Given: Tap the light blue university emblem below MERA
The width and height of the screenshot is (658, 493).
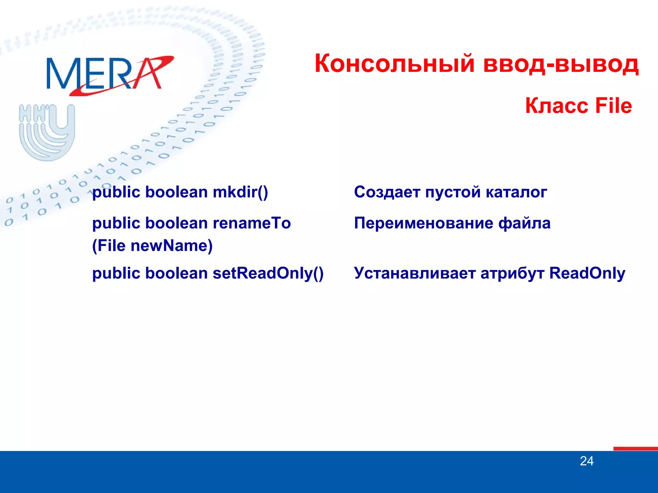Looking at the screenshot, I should pyautogui.click(x=47, y=132).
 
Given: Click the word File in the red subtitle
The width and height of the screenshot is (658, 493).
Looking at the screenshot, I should pyautogui.click(x=613, y=106).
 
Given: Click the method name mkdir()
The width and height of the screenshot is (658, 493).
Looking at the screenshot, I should pyautogui.click(x=240, y=192).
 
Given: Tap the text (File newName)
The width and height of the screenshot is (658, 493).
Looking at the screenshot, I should pyautogui.click(x=152, y=246).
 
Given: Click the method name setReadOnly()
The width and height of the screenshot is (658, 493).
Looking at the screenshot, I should pyautogui.click(x=268, y=273).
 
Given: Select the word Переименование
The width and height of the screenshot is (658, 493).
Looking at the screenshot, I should pyautogui.click(x=423, y=223).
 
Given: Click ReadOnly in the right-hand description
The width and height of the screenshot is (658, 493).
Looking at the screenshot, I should pyautogui.click(x=587, y=273).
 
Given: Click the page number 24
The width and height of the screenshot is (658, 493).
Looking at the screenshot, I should pyautogui.click(x=587, y=461).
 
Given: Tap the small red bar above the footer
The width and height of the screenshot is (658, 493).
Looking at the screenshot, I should pyautogui.click(x=635, y=448).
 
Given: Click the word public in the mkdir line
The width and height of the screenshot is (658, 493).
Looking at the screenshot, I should pyautogui.click(x=116, y=192).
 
